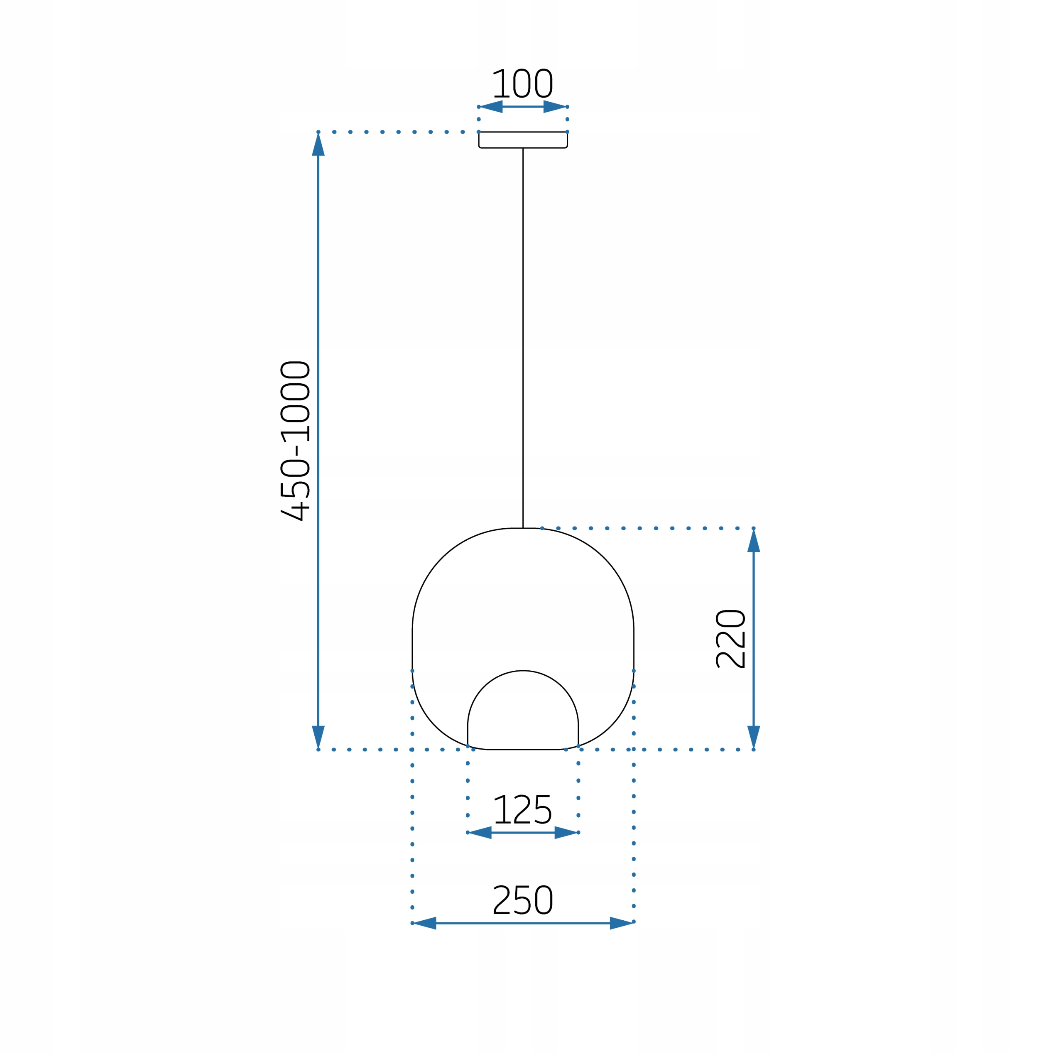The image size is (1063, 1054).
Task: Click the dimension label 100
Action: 522,83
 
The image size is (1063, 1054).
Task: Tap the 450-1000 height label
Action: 295,441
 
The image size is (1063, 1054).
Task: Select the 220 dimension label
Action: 730,639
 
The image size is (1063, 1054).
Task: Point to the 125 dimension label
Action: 523,809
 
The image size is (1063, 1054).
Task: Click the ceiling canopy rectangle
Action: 523,140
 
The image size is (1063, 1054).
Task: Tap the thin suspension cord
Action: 523,338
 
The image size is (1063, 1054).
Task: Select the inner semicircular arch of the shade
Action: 523,671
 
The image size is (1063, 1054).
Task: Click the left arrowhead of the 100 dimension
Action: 491,106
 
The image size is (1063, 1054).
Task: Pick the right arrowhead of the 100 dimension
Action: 555,106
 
